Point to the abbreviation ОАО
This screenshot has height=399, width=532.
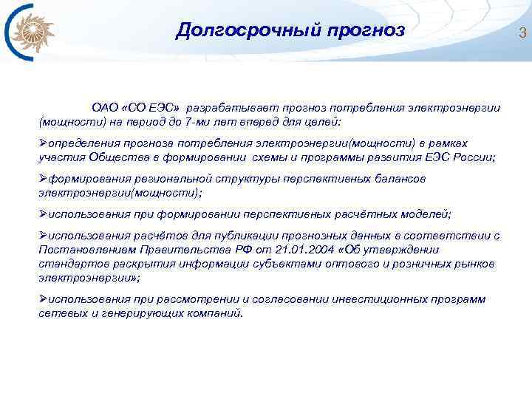click(104, 108)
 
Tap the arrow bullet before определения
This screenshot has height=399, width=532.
click(42, 143)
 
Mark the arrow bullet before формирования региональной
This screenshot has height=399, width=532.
click(42, 178)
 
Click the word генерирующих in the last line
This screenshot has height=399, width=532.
click(136, 313)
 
